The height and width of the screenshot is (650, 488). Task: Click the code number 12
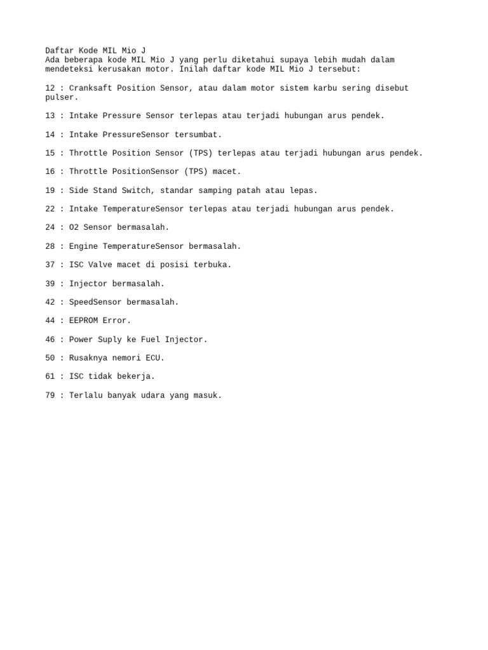click(x=50, y=88)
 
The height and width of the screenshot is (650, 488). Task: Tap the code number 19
click(x=50, y=190)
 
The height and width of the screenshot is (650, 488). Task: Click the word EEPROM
click(x=84, y=321)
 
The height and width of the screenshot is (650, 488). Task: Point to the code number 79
click(x=50, y=395)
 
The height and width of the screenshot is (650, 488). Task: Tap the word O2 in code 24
click(x=74, y=227)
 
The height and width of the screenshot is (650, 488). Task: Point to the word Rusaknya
click(x=88, y=358)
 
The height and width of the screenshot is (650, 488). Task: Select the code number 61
click(x=50, y=376)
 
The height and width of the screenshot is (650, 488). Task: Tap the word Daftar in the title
click(x=60, y=51)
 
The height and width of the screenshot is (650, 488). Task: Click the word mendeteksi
click(x=69, y=69)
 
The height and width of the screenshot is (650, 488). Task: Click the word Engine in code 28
click(x=84, y=246)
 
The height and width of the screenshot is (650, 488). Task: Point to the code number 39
click(x=50, y=284)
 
